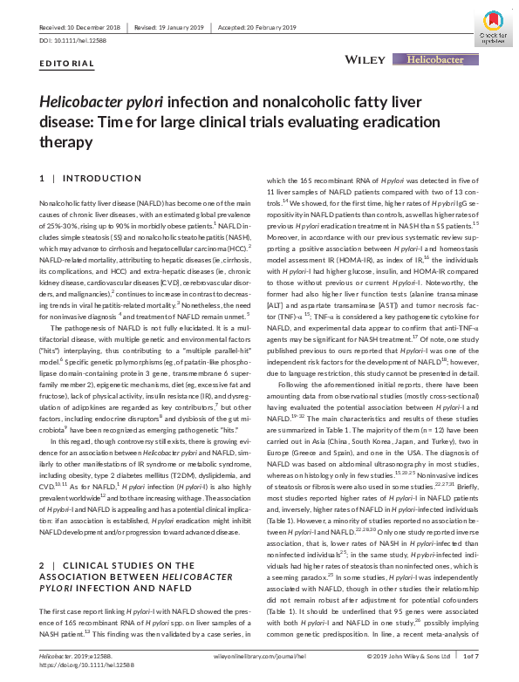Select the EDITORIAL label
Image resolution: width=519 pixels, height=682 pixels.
pyautogui.click(x=67, y=65)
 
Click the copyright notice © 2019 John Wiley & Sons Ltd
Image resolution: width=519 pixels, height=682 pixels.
pyautogui.click(x=407, y=656)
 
